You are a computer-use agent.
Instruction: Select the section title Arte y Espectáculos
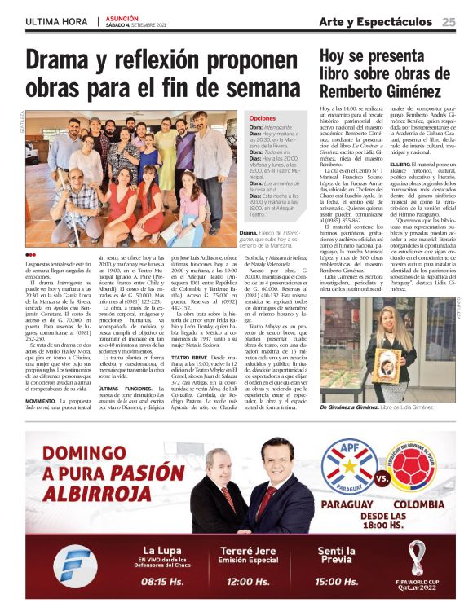tap(375, 21)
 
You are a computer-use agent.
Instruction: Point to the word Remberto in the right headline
tap(352, 93)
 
